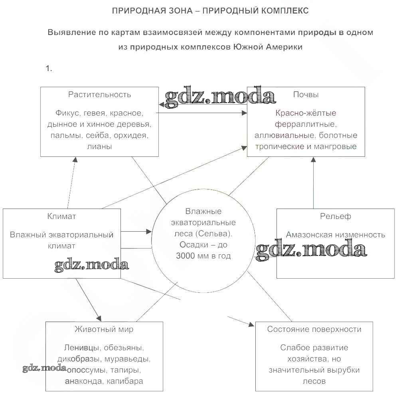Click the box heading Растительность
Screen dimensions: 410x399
click(99, 95)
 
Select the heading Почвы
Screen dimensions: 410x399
click(306, 95)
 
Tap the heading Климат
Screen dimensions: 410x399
click(61, 217)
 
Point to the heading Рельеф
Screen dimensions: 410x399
click(335, 217)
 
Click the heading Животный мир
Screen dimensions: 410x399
click(104, 329)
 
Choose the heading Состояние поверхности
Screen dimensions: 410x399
click(314, 329)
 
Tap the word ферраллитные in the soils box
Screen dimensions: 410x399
click(306, 124)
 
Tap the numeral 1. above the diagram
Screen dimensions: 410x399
click(49, 68)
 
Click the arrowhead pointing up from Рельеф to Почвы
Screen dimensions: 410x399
click(314, 160)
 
